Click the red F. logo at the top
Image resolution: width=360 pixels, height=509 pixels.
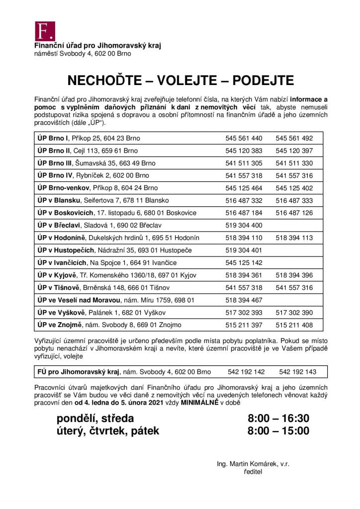pyautogui.click(x=44, y=31)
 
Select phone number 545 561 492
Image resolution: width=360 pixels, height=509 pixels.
pyautogui.click(x=294, y=138)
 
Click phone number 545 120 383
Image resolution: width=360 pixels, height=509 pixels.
pyautogui.click(x=244, y=151)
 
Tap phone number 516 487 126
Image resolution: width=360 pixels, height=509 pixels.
pyautogui.click(x=294, y=213)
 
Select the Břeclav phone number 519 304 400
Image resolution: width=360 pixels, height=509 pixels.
pyautogui.click(x=244, y=225)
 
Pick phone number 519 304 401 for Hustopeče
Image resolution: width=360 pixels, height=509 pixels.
pyautogui.click(x=244, y=250)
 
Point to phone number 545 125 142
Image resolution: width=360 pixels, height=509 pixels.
pyautogui.click(x=244, y=262)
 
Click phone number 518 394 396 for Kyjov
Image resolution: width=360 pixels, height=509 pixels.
pyautogui.click(x=294, y=275)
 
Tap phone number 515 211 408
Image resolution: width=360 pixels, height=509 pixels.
pyautogui.click(x=294, y=325)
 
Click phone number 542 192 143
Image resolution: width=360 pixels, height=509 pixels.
pyautogui.click(x=298, y=372)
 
